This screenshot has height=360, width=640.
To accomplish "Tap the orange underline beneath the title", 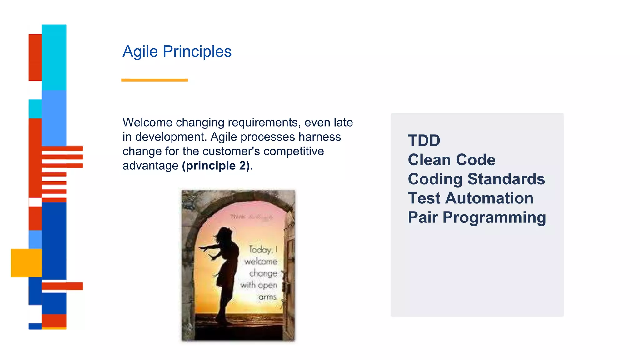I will pos(154,80).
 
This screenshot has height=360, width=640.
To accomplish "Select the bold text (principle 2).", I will pos(217,166).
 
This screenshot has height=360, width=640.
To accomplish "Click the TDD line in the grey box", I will pos(424,141).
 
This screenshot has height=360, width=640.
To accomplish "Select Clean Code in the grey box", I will pos(451,160).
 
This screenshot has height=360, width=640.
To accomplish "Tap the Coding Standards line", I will pos(476,179).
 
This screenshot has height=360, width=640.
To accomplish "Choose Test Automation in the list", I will pos(470,198).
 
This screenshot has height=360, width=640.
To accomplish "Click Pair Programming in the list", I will pos(477,217).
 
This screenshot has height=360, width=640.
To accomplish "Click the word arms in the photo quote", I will pos(267,297).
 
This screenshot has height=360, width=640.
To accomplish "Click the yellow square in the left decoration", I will pos(26,263).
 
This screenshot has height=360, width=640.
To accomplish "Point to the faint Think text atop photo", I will pos(237,217).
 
